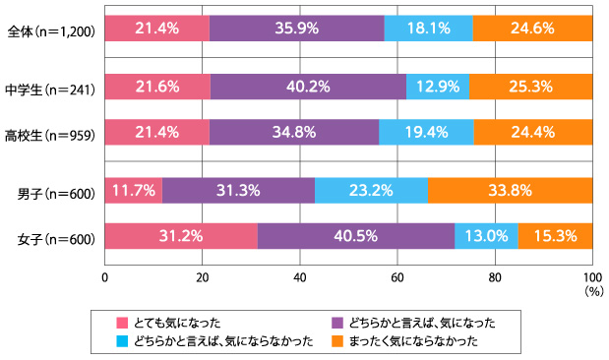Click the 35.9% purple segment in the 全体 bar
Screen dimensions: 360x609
296,30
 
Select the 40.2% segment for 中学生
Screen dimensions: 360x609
308,87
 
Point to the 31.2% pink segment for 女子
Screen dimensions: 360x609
180,237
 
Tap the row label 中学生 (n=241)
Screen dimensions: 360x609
51,88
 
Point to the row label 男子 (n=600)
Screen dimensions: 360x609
56,192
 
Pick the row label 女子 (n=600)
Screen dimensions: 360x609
56,238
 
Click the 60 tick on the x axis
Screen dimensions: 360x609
397,277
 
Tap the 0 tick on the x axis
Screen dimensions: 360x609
104,277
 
